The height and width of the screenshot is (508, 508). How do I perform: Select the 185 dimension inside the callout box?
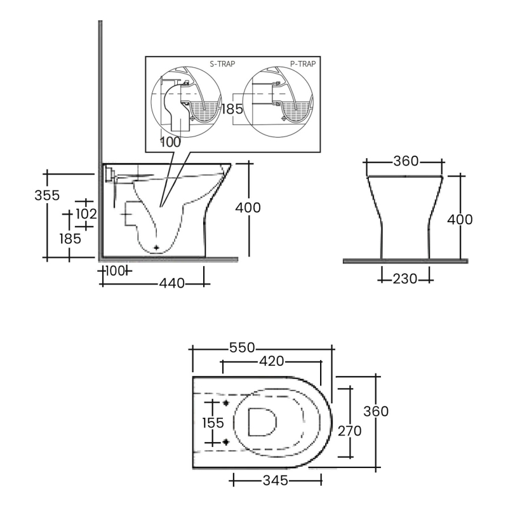tap(232, 109)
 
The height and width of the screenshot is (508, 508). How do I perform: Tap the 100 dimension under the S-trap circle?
tap(170, 142)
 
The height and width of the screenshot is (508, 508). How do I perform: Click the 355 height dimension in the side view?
tap(47, 195)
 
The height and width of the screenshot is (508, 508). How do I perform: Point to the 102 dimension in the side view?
tap(85, 214)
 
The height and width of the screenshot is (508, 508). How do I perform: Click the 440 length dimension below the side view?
tap(171, 284)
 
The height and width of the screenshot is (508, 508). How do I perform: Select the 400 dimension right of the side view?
tap(248, 207)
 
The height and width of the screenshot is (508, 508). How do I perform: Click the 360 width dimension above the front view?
tap(406, 161)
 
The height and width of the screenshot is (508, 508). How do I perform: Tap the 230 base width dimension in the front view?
tap(405, 278)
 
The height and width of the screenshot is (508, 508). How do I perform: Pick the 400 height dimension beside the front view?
tap(460, 220)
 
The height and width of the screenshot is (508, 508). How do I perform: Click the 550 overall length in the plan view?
tap(242, 347)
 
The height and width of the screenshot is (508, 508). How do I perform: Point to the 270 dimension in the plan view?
tap(350, 431)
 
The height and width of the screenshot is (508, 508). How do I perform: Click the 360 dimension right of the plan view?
tap(376, 411)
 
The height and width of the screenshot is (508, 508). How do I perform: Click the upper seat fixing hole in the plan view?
tap(226, 403)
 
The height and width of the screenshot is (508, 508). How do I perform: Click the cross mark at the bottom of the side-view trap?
tap(156, 246)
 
